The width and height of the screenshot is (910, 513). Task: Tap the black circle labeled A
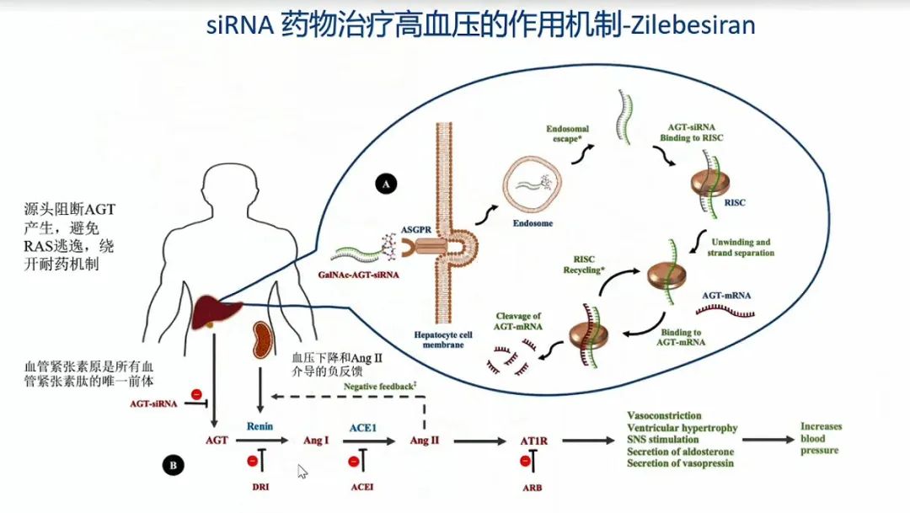click(x=386, y=183)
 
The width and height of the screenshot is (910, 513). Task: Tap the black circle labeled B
click(x=173, y=463)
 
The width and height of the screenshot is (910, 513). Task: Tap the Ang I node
click(x=315, y=441)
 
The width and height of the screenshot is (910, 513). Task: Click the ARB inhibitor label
click(x=530, y=487)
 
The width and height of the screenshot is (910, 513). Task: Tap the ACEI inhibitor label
click(x=362, y=487)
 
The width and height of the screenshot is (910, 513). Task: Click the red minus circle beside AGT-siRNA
click(x=196, y=393)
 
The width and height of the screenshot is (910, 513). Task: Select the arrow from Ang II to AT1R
click(x=476, y=440)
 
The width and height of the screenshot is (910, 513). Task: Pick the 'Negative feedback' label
click(x=380, y=386)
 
